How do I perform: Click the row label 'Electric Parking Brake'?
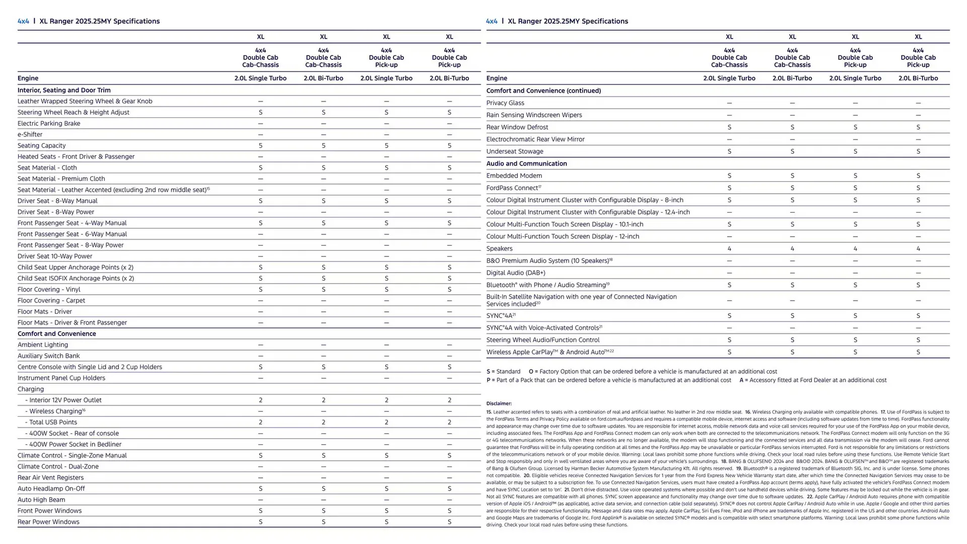[49, 123]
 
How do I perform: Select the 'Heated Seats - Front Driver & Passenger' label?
[76, 157]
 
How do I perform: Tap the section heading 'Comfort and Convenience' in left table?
[56, 334]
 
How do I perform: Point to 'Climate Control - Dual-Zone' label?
[58, 467]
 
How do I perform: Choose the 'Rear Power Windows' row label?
[48, 522]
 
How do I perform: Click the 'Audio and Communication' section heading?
[526, 164]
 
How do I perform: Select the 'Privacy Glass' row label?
[505, 103]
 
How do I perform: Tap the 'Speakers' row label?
[499, 249]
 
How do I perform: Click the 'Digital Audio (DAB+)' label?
[516, 273]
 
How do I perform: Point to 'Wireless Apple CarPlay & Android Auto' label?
[549, 353]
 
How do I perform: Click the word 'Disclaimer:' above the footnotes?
[499, 403]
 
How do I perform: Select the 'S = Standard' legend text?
[503, 372]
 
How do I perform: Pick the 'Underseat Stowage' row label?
[515, 152]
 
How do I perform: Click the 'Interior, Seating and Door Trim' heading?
[64, 91]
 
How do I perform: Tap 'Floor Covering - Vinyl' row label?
[49, 290]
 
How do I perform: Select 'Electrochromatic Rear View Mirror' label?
[535, 140]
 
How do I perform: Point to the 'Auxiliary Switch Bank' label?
[48, 356]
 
